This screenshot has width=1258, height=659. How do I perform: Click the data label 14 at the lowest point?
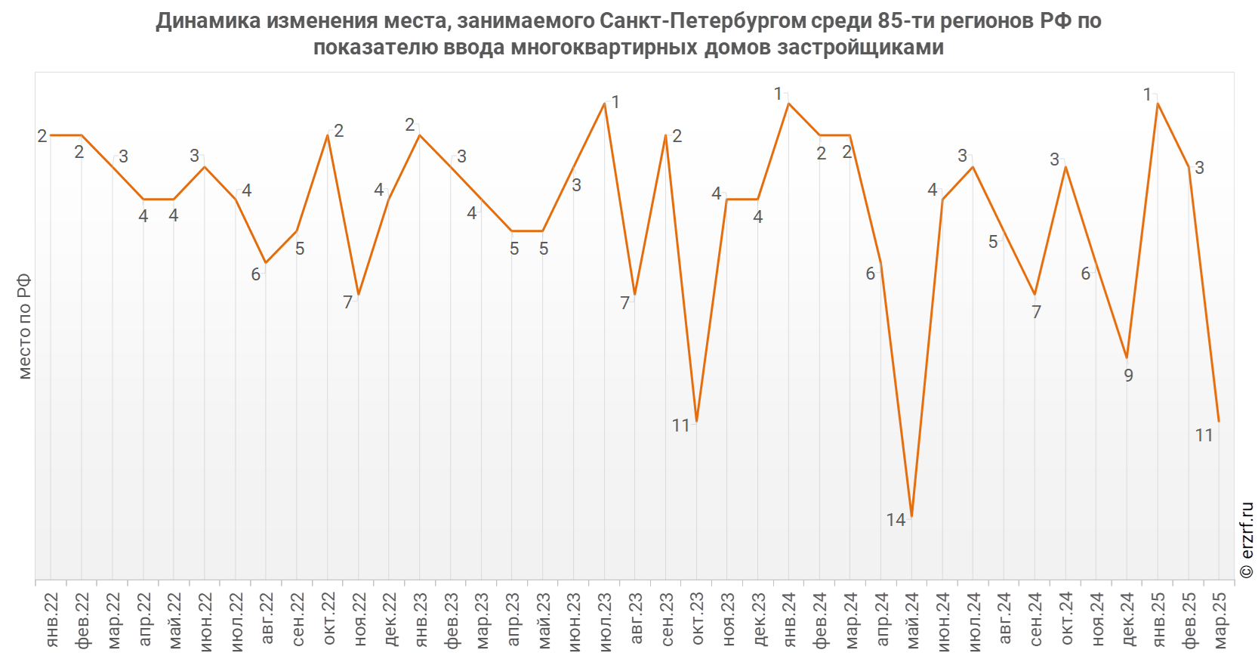[x=896, y=520]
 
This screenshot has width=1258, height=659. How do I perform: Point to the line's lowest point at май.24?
[x=912, y=517]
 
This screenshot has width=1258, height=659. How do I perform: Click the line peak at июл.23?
[x=604, y=103]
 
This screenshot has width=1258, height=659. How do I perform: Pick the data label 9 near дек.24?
[x=1128, y=376]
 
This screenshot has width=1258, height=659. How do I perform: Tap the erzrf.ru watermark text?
[x=1247, y=540]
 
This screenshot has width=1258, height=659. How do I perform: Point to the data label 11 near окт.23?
[x=681, y=425]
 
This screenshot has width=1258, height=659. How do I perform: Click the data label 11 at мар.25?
[x=1204, y=435]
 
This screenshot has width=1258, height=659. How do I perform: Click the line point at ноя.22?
[x=358, y=295]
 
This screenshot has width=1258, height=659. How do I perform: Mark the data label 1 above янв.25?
[x=1147, y=94]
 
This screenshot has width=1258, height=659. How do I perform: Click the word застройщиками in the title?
[x=862, y=47]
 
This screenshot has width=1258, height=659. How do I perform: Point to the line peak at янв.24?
[x=788, y=103]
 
